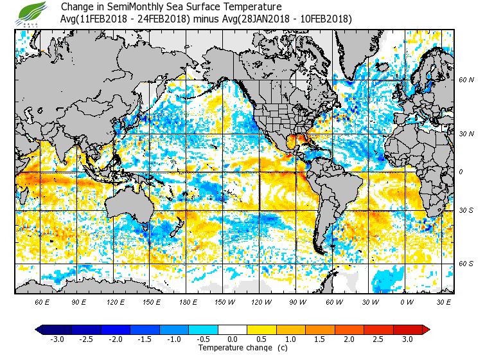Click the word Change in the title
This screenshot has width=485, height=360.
click(78, 7)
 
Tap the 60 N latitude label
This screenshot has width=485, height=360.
click(466, 80)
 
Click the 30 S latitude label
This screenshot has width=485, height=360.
click(466, 211)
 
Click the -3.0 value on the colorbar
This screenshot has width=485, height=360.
click(57, 339)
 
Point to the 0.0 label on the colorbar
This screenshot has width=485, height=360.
click(233, 339)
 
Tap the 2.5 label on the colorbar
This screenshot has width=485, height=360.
click(379, 339)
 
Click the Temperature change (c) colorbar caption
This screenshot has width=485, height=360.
click(233, 348)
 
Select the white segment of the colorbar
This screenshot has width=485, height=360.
click(233, 329)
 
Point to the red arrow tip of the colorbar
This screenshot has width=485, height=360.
click(426, 329)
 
